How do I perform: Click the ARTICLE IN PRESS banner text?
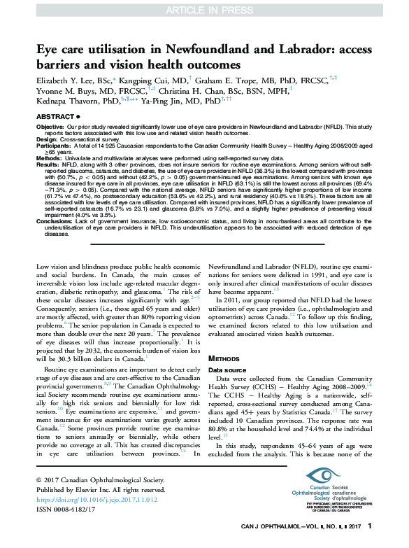pos(204,10)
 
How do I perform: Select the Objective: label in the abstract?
pos(50,127)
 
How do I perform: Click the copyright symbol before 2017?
pos(39,482)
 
